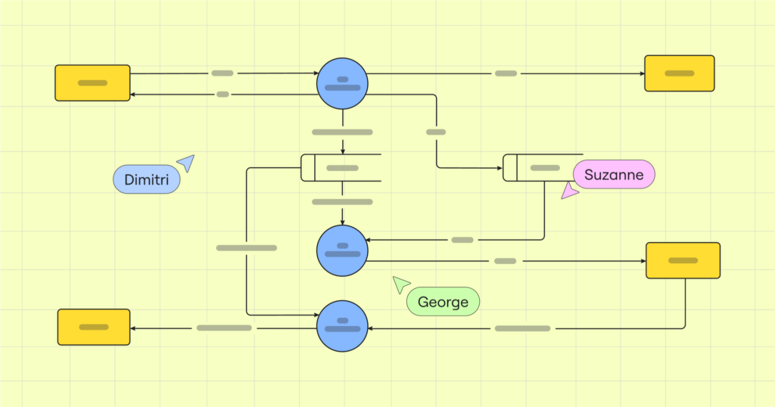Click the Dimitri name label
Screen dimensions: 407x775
pos(146,179)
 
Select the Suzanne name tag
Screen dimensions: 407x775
pos(614,175)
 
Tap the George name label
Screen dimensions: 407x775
pos(444,302)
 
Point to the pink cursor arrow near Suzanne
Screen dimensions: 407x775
pos(568,191)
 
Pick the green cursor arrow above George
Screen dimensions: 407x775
pos(400,284)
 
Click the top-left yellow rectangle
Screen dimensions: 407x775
pos(92,82)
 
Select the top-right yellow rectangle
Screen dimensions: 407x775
pos(680,73)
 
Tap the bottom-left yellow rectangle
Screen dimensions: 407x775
pos(94,327)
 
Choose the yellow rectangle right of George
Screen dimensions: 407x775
pos(683,260)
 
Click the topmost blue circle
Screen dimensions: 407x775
pos(342,83)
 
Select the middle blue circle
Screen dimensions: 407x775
pos(342,250)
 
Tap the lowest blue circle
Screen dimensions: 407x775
pos(342,326)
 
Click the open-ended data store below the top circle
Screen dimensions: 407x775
pos(341,167)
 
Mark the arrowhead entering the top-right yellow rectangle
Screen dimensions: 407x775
pos(640,73)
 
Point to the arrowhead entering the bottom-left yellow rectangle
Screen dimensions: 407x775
pos(134,328)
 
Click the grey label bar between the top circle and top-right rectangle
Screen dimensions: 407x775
pos(506,73)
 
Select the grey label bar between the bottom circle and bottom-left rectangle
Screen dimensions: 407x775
pos(224,328)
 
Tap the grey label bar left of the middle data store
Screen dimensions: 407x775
pos(246,247)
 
